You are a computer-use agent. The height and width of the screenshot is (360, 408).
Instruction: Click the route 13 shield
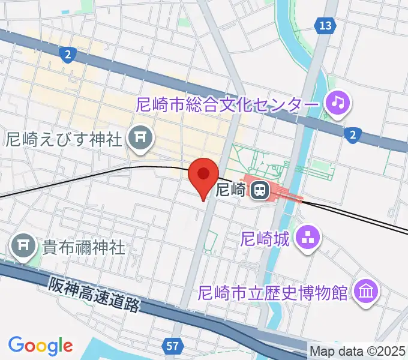(x=325, y=26)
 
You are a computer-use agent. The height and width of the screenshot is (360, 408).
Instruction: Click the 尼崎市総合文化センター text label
(x=227, y=104)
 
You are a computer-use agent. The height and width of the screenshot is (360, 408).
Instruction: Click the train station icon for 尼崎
(x=260, y=191)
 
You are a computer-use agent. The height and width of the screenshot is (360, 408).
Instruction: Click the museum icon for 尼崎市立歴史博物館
(x=365, y=292)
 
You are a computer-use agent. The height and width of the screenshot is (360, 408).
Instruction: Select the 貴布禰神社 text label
(x=83, y=247)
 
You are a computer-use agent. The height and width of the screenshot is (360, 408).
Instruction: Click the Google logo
(x=40, y=346)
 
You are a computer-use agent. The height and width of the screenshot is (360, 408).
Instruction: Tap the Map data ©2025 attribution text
(x=358, y=350)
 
